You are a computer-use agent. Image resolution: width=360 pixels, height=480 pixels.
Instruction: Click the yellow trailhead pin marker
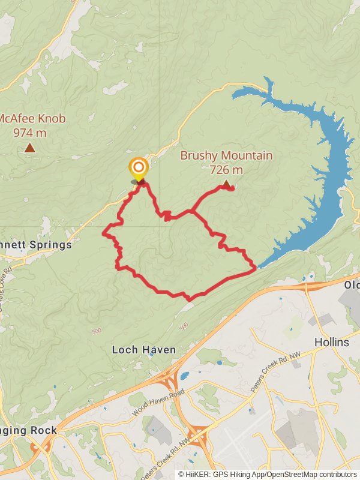[x=139, y=168]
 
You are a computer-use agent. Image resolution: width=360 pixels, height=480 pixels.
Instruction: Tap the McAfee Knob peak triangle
[x=29, y=148]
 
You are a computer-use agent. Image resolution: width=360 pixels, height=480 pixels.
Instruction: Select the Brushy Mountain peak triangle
[x=226, y=184]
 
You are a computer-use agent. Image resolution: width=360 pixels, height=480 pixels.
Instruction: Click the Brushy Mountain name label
[x=226, y=156]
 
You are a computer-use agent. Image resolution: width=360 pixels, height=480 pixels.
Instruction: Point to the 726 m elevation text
[x=226, y=170]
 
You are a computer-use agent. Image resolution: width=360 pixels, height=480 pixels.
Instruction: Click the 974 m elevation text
[x=30, y=132]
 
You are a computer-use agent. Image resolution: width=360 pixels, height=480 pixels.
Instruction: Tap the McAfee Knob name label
[x=32, y=118]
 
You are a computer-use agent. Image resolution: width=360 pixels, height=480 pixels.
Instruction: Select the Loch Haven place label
[x=144, y=350]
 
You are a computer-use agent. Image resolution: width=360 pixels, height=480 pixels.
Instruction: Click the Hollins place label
[x=332, y=342]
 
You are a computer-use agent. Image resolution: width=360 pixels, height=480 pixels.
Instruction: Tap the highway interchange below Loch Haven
[x=169, y=379]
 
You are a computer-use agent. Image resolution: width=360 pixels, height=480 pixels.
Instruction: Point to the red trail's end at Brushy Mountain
[x=232, y=189]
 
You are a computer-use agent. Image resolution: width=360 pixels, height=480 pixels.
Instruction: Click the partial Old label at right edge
[x=352, y=285]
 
